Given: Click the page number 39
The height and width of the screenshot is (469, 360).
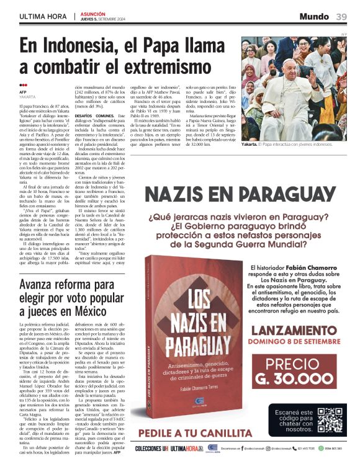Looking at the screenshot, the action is point(341,16).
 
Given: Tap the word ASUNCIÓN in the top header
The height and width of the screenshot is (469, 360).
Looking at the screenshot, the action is point(92,13).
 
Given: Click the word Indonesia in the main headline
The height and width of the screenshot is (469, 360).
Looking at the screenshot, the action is point(73,46).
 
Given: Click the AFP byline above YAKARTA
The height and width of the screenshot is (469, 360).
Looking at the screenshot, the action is point(23,92).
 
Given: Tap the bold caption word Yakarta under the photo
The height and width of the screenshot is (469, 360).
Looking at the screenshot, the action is point(250,144).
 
